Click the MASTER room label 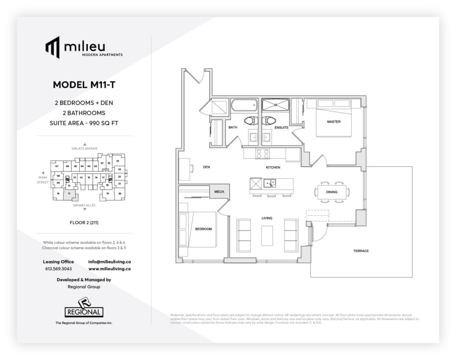(334, 121)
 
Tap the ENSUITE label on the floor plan (282, 128)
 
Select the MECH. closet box (219, 192)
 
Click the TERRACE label (361, 251)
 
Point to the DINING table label (331, 192)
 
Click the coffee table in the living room (267, 235)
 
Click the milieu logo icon (52, 47)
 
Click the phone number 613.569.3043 (58, 269)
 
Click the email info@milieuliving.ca (109, 262)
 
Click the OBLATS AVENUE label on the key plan (84, 148)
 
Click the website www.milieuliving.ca (109, 269)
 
